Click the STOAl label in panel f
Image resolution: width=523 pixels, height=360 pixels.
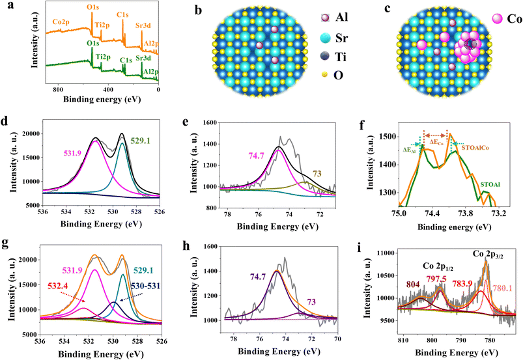pos(492,184)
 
